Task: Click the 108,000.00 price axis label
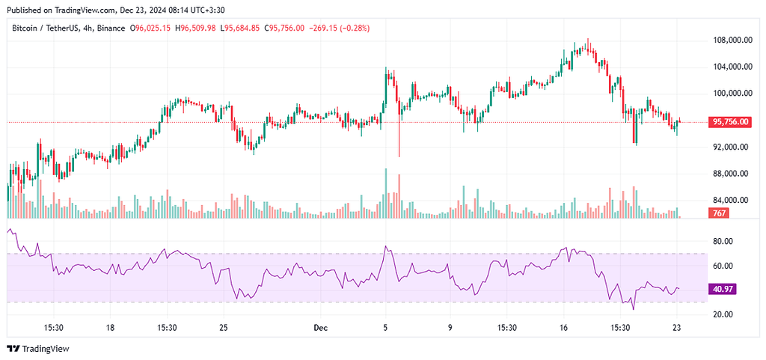pyautogui.click(x=732, y=40)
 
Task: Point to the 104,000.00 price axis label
pyautogui.click(x=732, y=67)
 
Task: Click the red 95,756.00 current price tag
pyautogui.click(x=729, y=121)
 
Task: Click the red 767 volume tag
pyautogui.click(x=717, y=214)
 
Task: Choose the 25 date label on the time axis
pyautogui.click(x=224, y=328)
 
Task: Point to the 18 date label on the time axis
pyautogui.click(x=110, y=328)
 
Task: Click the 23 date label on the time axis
pyautogui.click(x=677, y=328)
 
